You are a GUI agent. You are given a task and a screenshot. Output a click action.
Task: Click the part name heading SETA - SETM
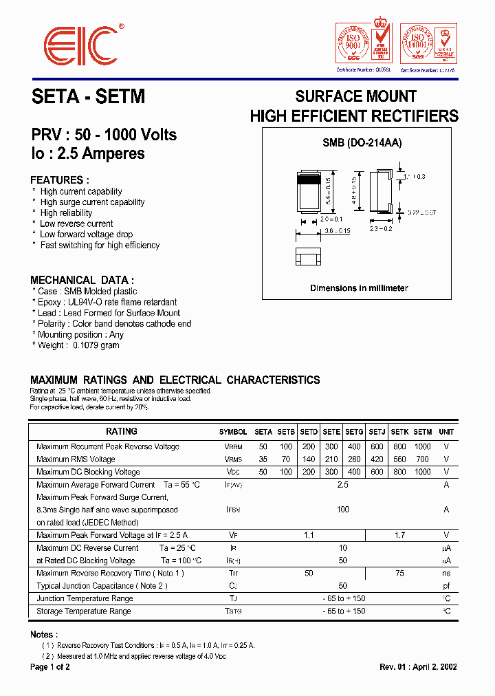89,97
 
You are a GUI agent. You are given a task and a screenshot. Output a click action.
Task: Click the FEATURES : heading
60,180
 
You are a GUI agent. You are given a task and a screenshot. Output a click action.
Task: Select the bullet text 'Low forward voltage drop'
87,235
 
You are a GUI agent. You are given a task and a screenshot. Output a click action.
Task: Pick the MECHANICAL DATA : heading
82,280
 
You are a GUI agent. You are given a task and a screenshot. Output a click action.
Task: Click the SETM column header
422,432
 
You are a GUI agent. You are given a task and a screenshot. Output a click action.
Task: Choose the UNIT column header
446,432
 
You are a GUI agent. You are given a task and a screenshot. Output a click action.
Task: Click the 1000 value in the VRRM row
422,446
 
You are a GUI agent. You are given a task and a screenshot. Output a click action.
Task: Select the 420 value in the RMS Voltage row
377,459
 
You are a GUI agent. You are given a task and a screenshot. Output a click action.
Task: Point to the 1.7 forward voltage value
399,535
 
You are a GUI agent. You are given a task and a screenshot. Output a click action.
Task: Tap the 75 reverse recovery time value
399,573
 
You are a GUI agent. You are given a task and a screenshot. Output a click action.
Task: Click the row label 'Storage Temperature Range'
83,611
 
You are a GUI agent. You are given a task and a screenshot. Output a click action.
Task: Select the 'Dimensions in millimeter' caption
359,288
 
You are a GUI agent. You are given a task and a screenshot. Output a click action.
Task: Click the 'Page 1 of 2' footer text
50,667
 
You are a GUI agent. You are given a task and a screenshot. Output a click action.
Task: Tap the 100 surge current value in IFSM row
343,510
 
